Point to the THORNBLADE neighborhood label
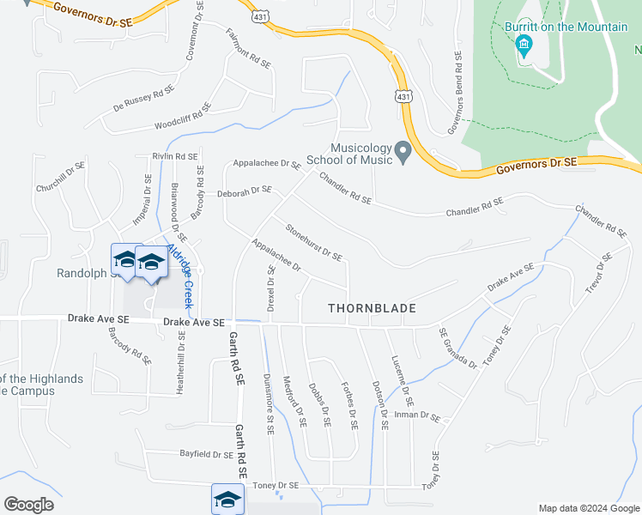click(x=372, y=307)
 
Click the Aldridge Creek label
click(x=180, y=276)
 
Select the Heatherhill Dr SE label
click(x=180, y=362)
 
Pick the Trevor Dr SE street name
click(x=597, y=274)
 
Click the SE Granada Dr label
click(x=457, y=348)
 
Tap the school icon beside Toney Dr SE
click(x=227, y=499)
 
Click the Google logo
click(x=28, y=505)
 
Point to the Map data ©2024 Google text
click(x=588, y=508)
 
